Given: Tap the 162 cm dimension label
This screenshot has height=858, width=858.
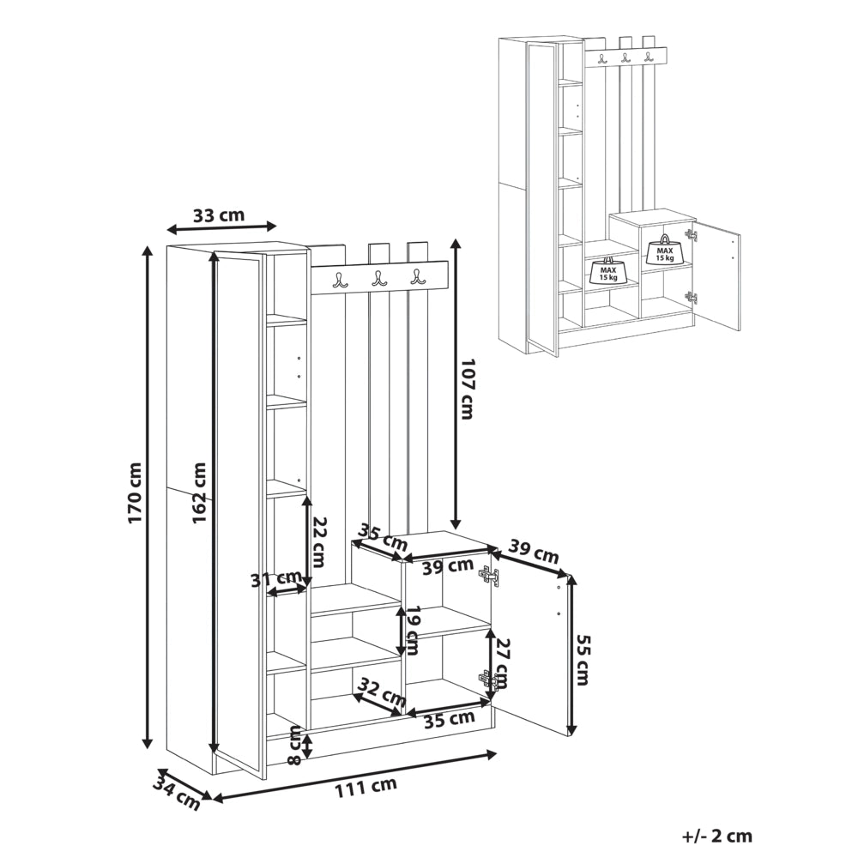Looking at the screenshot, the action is coord(200,492).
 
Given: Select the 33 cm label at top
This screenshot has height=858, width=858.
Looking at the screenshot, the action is coord(219,215).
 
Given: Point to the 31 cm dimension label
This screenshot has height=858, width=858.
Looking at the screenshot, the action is coord(276,578).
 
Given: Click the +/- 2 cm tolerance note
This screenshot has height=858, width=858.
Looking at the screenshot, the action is coord(717,836).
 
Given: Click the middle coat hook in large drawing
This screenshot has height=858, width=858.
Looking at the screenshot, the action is coord(378,279).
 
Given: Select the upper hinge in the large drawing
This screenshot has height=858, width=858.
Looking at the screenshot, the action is coord(489,577).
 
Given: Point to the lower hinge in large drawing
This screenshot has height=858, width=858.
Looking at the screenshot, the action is coord(488,680).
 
